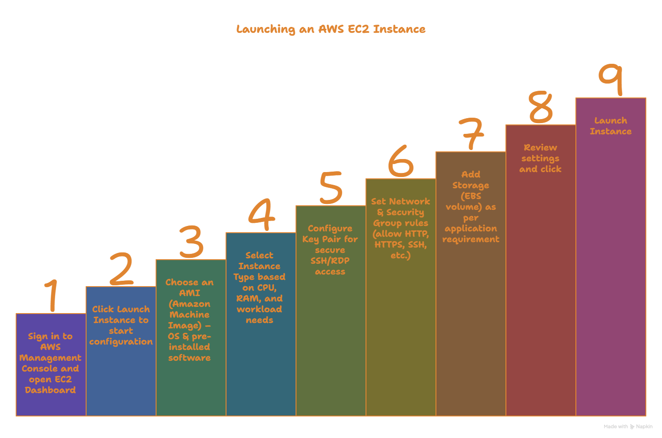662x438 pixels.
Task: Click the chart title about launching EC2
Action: pos(331,30)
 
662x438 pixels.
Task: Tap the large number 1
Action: pos(52,295)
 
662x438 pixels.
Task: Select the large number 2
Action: pos(121,269)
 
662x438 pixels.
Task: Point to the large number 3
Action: pos(192,242)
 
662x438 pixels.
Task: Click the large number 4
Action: pos(261,215)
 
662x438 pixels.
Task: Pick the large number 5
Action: pos(331,188)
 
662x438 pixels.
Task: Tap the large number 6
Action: pos(401,161)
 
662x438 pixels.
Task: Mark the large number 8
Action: pos(540,107)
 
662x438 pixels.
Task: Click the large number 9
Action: pos(611,79)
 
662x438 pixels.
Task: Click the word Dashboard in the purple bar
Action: pos(50,390)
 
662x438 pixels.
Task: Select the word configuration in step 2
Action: pos(121,342)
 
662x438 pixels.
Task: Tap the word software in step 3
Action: pos(189,358)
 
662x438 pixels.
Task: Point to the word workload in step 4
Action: pos(259,310)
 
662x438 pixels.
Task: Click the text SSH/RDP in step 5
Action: pos(330,261)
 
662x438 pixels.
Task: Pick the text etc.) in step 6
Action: pos(401,256)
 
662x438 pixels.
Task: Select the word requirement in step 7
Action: pos(470,239)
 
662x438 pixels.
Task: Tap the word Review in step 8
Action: pos(540,148)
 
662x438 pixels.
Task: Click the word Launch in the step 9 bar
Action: pos(610,121)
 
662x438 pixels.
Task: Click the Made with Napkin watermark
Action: pos(628,427)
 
